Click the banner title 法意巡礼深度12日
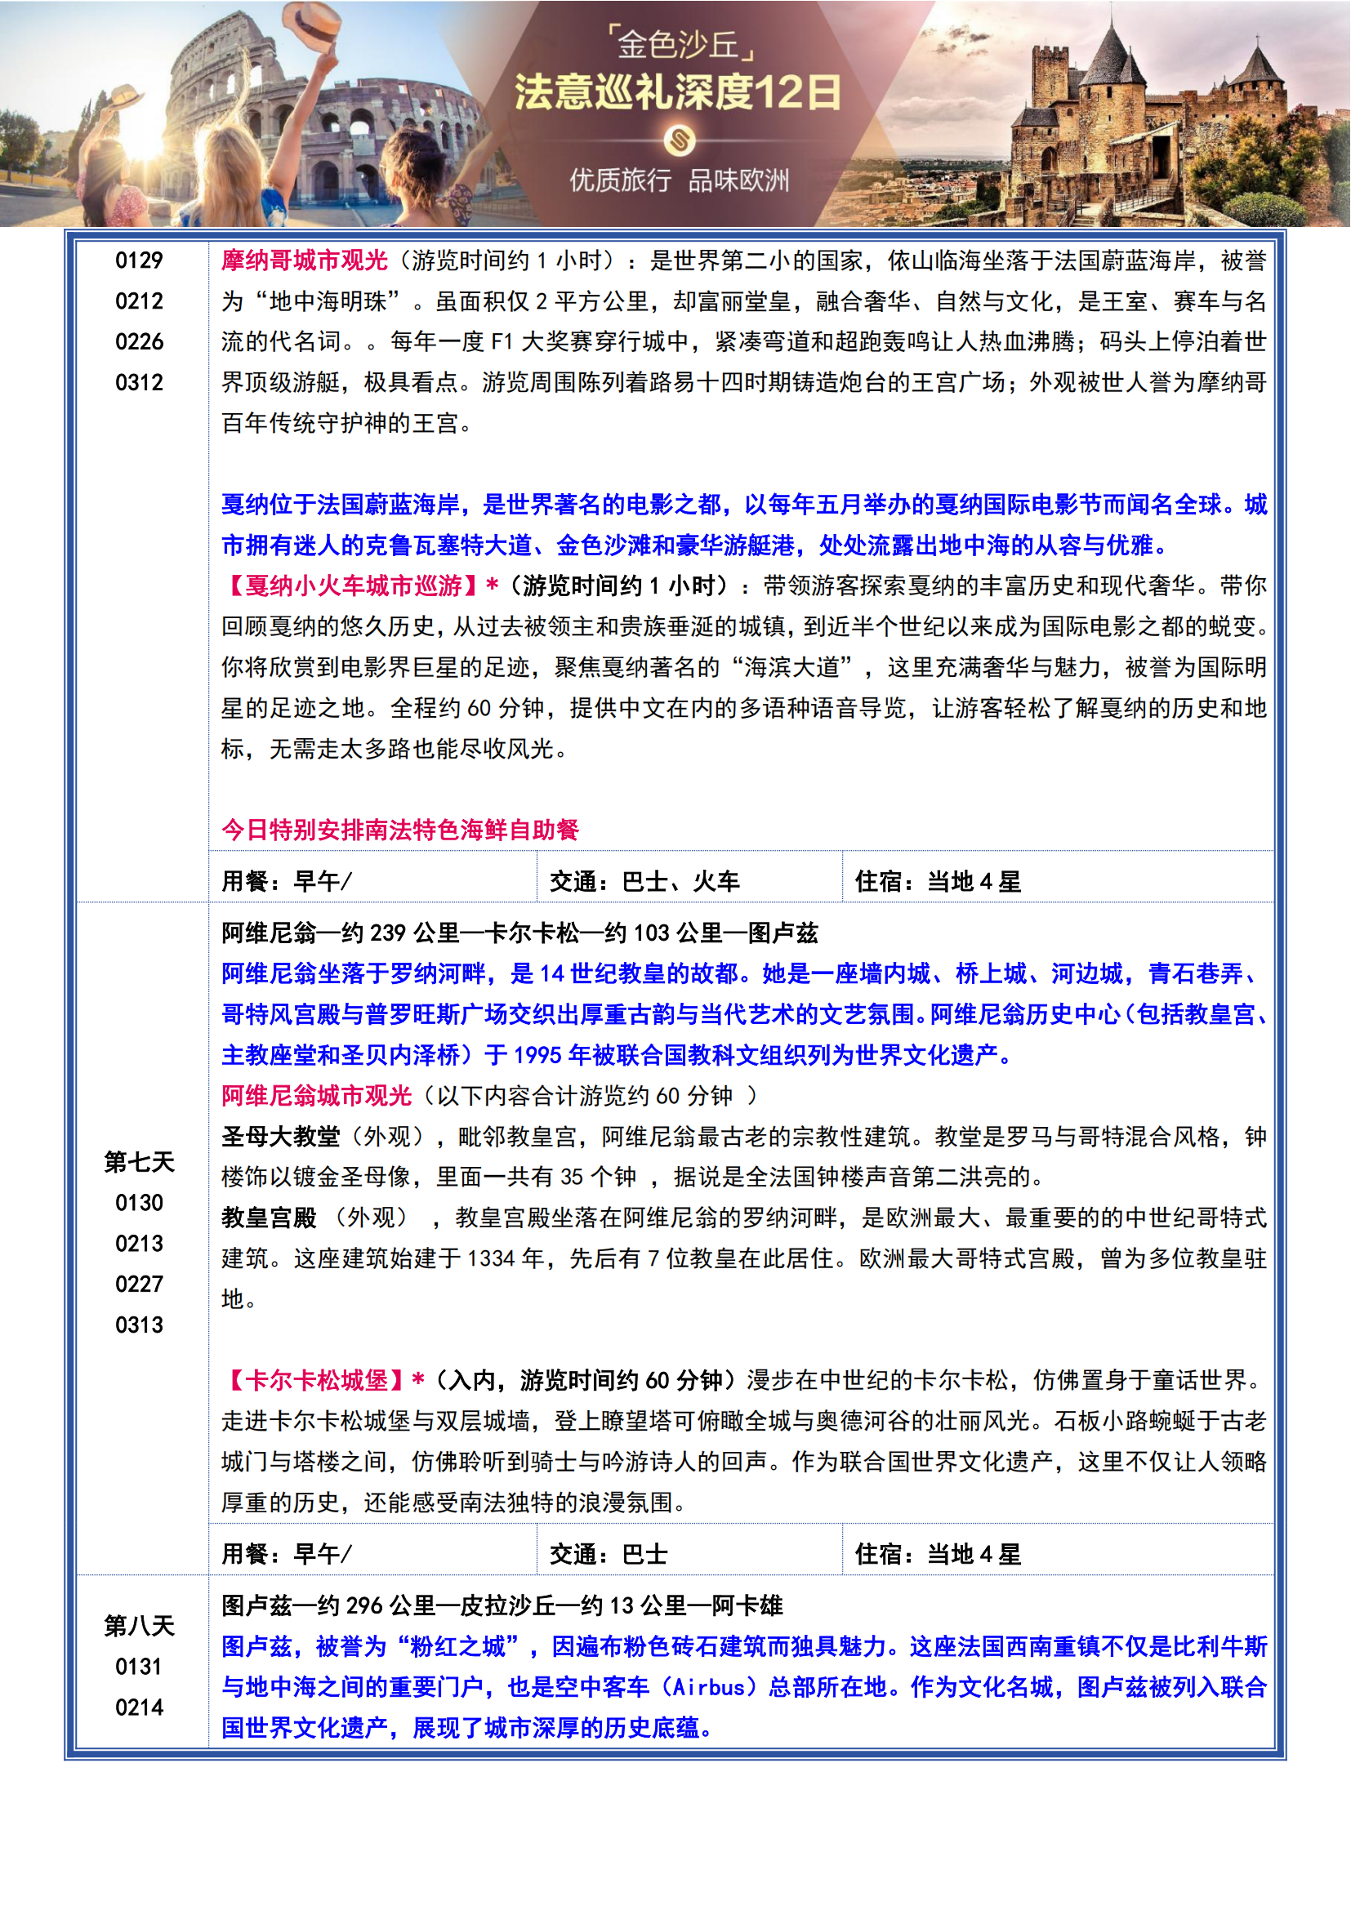pyautogui.click(x=677, y=91)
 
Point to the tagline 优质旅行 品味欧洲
pyautogui.click(x=679, y=180)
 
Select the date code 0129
pyautogui.click(x=139, y=260)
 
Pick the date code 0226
pyautogui.click(x=139, y=342)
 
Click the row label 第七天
pyautogui.click(x=139, y=1162)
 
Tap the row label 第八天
pyautogui.click(x=139, y=1626)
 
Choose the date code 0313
pyautogui.click(x=139, y=1325)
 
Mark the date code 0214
pyautogui.click(x=139, y=1707)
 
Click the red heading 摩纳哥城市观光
pyautogui.click(x=305, y=260)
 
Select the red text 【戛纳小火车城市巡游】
pyautogui.click(x=353, y=585)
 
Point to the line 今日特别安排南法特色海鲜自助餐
pyautogui.click(x=399, y=830)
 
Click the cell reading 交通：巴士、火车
pyautogui.click(x=644, y=881)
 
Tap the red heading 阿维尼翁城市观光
pyautogui.click(x=316, y=1096)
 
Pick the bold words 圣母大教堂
pyautogui.click(x=280, y=1137)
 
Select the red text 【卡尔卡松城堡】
pyautogui.click(x=317, y=1380)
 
